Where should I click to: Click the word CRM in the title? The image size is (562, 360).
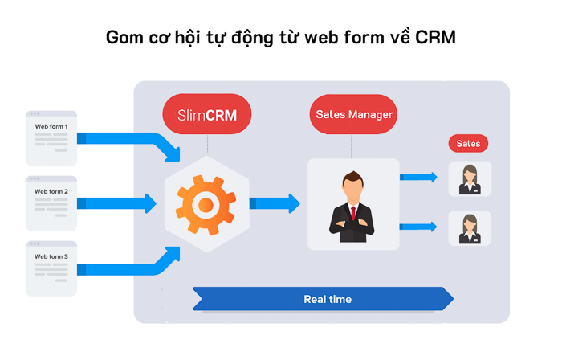435,38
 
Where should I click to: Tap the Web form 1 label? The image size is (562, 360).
51,126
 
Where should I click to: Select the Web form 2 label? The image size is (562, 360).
51,191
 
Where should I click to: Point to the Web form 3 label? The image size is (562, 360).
51,256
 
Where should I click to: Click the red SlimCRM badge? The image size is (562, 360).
207,115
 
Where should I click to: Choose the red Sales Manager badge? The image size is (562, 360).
354,114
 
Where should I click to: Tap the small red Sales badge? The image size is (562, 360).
468,144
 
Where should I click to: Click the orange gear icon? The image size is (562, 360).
206,204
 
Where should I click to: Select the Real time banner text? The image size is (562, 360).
328,299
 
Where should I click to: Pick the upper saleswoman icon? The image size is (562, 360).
469,178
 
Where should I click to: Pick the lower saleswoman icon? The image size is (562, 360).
469,227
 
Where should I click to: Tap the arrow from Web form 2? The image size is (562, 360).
116,203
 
